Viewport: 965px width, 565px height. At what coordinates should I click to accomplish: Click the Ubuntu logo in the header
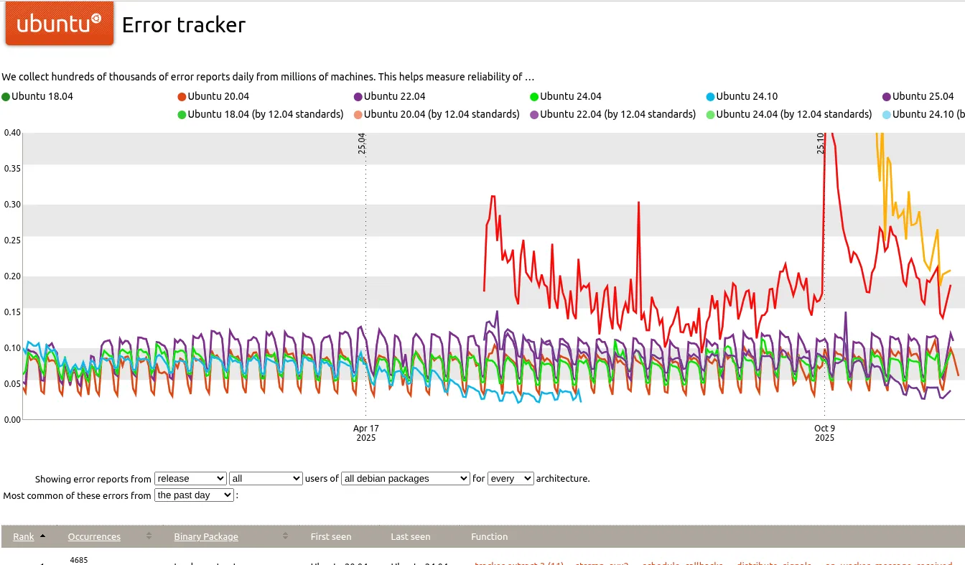[x=59, y=24]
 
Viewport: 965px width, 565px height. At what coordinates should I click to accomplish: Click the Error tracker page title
[x=184, y=25]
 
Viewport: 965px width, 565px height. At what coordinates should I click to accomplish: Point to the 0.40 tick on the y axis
[x=12, y=133]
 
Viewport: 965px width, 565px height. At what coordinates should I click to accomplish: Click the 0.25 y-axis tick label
[x=12, y=241]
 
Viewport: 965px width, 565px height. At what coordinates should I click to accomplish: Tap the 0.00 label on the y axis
[x=12, y=420]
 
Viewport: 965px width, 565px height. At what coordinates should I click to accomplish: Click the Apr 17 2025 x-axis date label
[x=365, y=433]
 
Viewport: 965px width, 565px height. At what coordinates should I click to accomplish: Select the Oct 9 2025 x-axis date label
[x=824, y=433]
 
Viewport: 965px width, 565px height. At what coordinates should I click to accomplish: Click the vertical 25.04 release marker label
[x=362, y=144]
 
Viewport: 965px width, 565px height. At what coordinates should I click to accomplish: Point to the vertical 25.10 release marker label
[x=821, y=144]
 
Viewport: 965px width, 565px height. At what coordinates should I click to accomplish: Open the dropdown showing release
[x=190, y=479]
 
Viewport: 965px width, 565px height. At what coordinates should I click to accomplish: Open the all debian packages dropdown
[x=406, y=479]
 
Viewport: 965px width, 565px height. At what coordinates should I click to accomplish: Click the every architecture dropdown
[x=511, y=479]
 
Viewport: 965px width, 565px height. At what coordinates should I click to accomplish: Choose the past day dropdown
[x=194, y=495]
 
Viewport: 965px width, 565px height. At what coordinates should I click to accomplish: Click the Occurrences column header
[x=94, y=537]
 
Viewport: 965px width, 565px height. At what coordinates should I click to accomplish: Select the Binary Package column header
[x=206, y=537]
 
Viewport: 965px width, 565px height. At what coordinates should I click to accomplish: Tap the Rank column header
[x=24, y=537]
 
